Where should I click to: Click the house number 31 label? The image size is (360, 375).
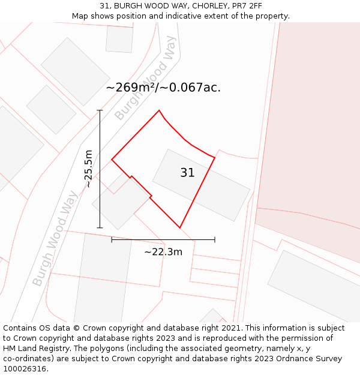[187, 173]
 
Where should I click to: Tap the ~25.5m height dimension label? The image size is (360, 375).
[88, 169]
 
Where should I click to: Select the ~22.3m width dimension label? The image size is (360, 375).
[163, 252]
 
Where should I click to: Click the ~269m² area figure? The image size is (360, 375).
[131, 88]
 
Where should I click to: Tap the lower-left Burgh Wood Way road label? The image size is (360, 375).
[55, 238]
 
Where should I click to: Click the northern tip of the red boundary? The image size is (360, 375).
[159, 110]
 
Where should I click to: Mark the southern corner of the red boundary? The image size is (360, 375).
[180, 228]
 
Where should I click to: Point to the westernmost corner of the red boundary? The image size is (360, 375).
[112, 160]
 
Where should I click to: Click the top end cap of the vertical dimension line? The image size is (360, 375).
[100, 110]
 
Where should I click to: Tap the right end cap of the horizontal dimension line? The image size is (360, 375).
[215, 240]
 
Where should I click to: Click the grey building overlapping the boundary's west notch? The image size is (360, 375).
[120, 201]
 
